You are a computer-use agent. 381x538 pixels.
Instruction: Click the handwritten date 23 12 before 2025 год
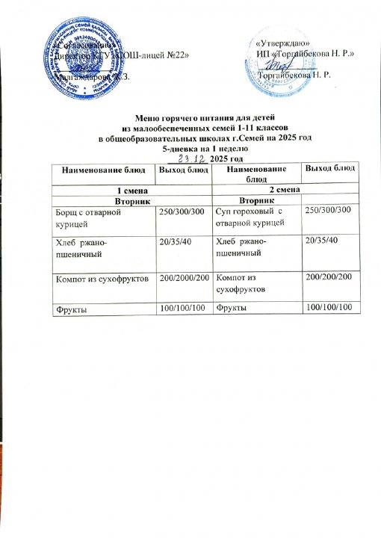pos(191,159)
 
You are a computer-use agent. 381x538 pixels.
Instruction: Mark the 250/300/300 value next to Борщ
pos(182,214)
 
